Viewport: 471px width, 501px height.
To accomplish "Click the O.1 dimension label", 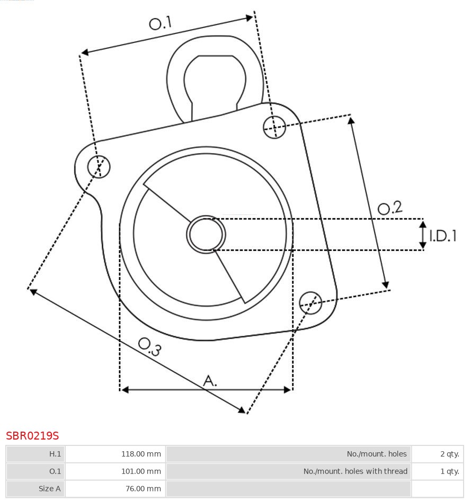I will pyautogui.click(x=160, y=23).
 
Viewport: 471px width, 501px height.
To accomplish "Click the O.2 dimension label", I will pyautogui.click(x=390, y=208).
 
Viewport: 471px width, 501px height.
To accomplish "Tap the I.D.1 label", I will pyautogui.click(x=442, y=236).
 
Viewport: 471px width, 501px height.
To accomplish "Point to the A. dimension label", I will pyautogui.click(x=210, y=380).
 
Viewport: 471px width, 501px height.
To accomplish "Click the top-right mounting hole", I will pyautogui.click(x=274, y=127).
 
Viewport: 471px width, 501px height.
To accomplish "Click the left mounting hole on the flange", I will pyautogui.click(x=99, y=166).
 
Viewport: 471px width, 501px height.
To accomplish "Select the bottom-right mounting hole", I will pyautogui.click(x=310, y=302).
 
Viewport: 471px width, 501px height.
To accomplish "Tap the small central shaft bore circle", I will pyautogui.click(x=206, y=234).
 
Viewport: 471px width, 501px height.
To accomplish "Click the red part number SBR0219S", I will pyautogui.click(x=32, y=436).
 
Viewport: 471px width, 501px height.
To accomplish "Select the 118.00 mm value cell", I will pyautogui.click(x=115, y=454).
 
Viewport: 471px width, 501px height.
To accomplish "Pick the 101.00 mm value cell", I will pyautogui.click(x=115, y=471).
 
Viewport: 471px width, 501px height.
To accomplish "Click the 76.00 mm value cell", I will pyautogui.click(x=115, y=489).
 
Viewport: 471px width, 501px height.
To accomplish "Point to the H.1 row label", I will pyautogui.click(x=35, y=454).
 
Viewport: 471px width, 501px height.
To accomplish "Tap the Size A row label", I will pyautogui.click(x=35, y=489).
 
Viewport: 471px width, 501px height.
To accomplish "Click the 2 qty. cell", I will pyautogui.click(x=437, y=454).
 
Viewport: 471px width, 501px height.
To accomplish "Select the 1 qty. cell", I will pyautogui.click(x=437, y=471).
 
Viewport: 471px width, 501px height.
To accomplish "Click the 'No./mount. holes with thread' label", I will pyautogui.click(x=289, y=471).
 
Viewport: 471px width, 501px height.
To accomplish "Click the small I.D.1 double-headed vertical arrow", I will pyautogui.click(x=423, y=235).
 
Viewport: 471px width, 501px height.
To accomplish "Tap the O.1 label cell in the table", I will pyautogui.click(x=35, y=471).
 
